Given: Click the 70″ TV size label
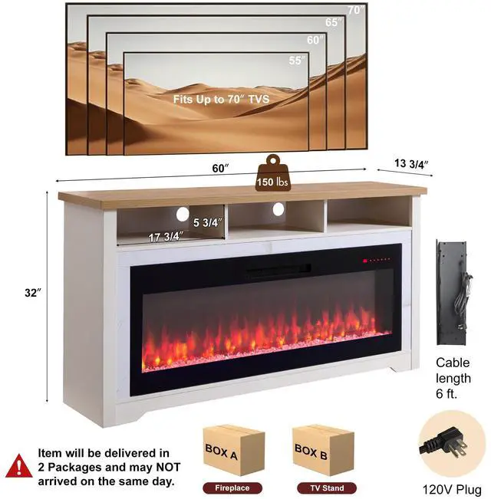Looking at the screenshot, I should (354, 10).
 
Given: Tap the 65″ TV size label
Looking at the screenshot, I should (333, 22).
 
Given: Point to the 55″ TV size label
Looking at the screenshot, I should (295, 59).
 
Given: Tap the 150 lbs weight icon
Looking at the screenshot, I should (273, 172).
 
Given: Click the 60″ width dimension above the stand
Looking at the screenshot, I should (221, 168).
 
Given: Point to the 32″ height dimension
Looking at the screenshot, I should (31, 292).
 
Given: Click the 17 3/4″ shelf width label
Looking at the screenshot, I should (165, 237).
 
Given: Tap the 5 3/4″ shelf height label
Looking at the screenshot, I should (207, 223).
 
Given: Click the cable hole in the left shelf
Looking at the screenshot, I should (183, 214).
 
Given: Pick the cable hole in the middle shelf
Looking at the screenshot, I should (277, 209).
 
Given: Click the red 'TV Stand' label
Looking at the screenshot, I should (323, 488).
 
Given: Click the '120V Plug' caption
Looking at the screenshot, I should (452, 488).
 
